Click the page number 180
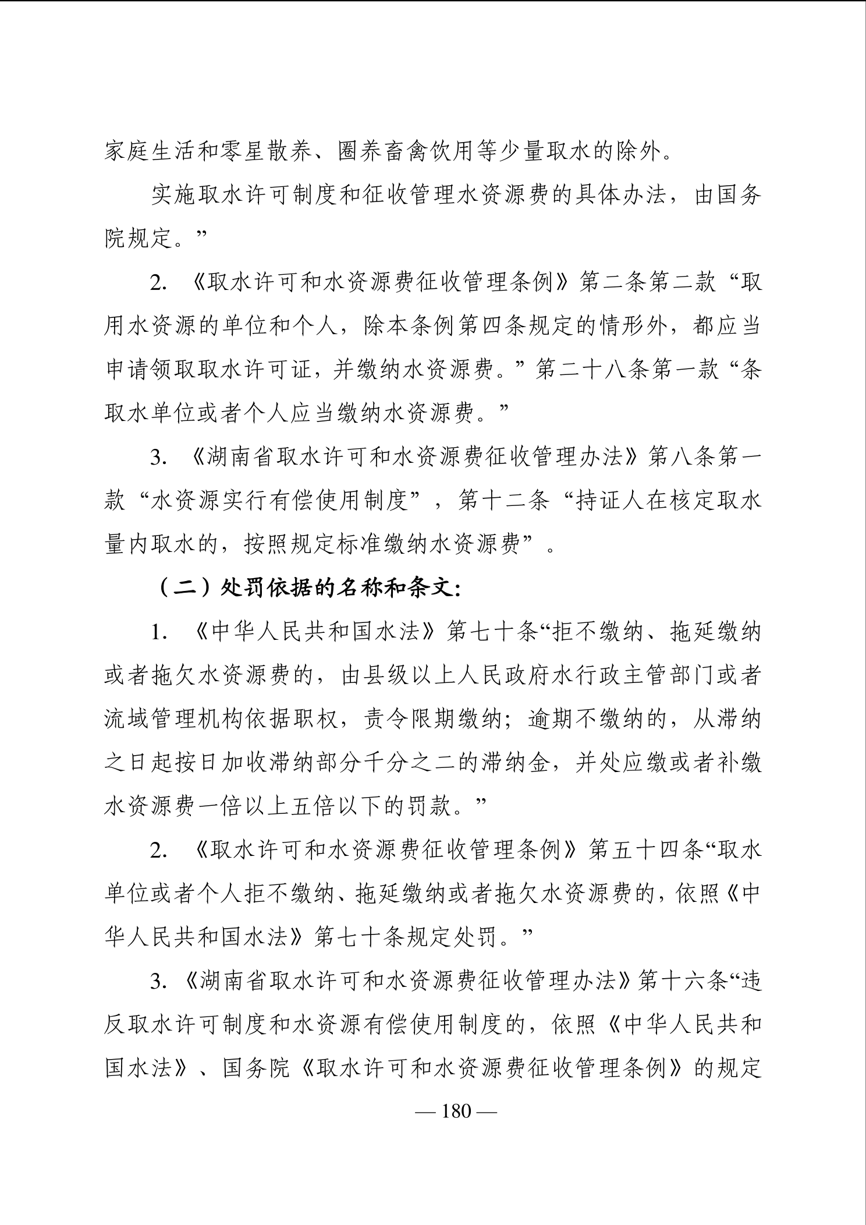456,1111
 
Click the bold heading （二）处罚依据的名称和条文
308,589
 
